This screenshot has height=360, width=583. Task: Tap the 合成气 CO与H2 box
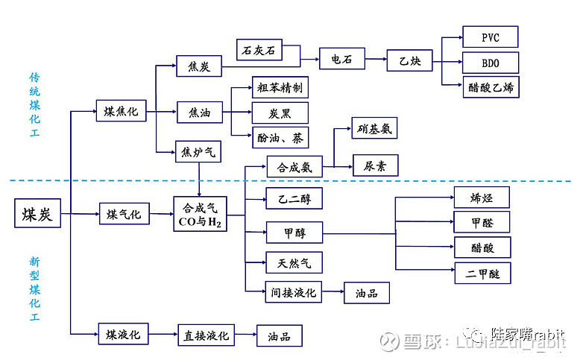(199, 215)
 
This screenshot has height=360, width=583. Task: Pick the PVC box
(490, 37)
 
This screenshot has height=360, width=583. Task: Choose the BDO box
(490, 62)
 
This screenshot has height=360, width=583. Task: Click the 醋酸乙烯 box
(490, 87)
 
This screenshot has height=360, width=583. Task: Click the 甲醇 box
(294, 233)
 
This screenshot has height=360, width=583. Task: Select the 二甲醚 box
(483, 274)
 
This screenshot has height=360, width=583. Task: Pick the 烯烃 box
(482, 197)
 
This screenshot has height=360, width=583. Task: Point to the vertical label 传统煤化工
(34, 104)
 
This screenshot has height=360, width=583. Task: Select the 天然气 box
(294, 262)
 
